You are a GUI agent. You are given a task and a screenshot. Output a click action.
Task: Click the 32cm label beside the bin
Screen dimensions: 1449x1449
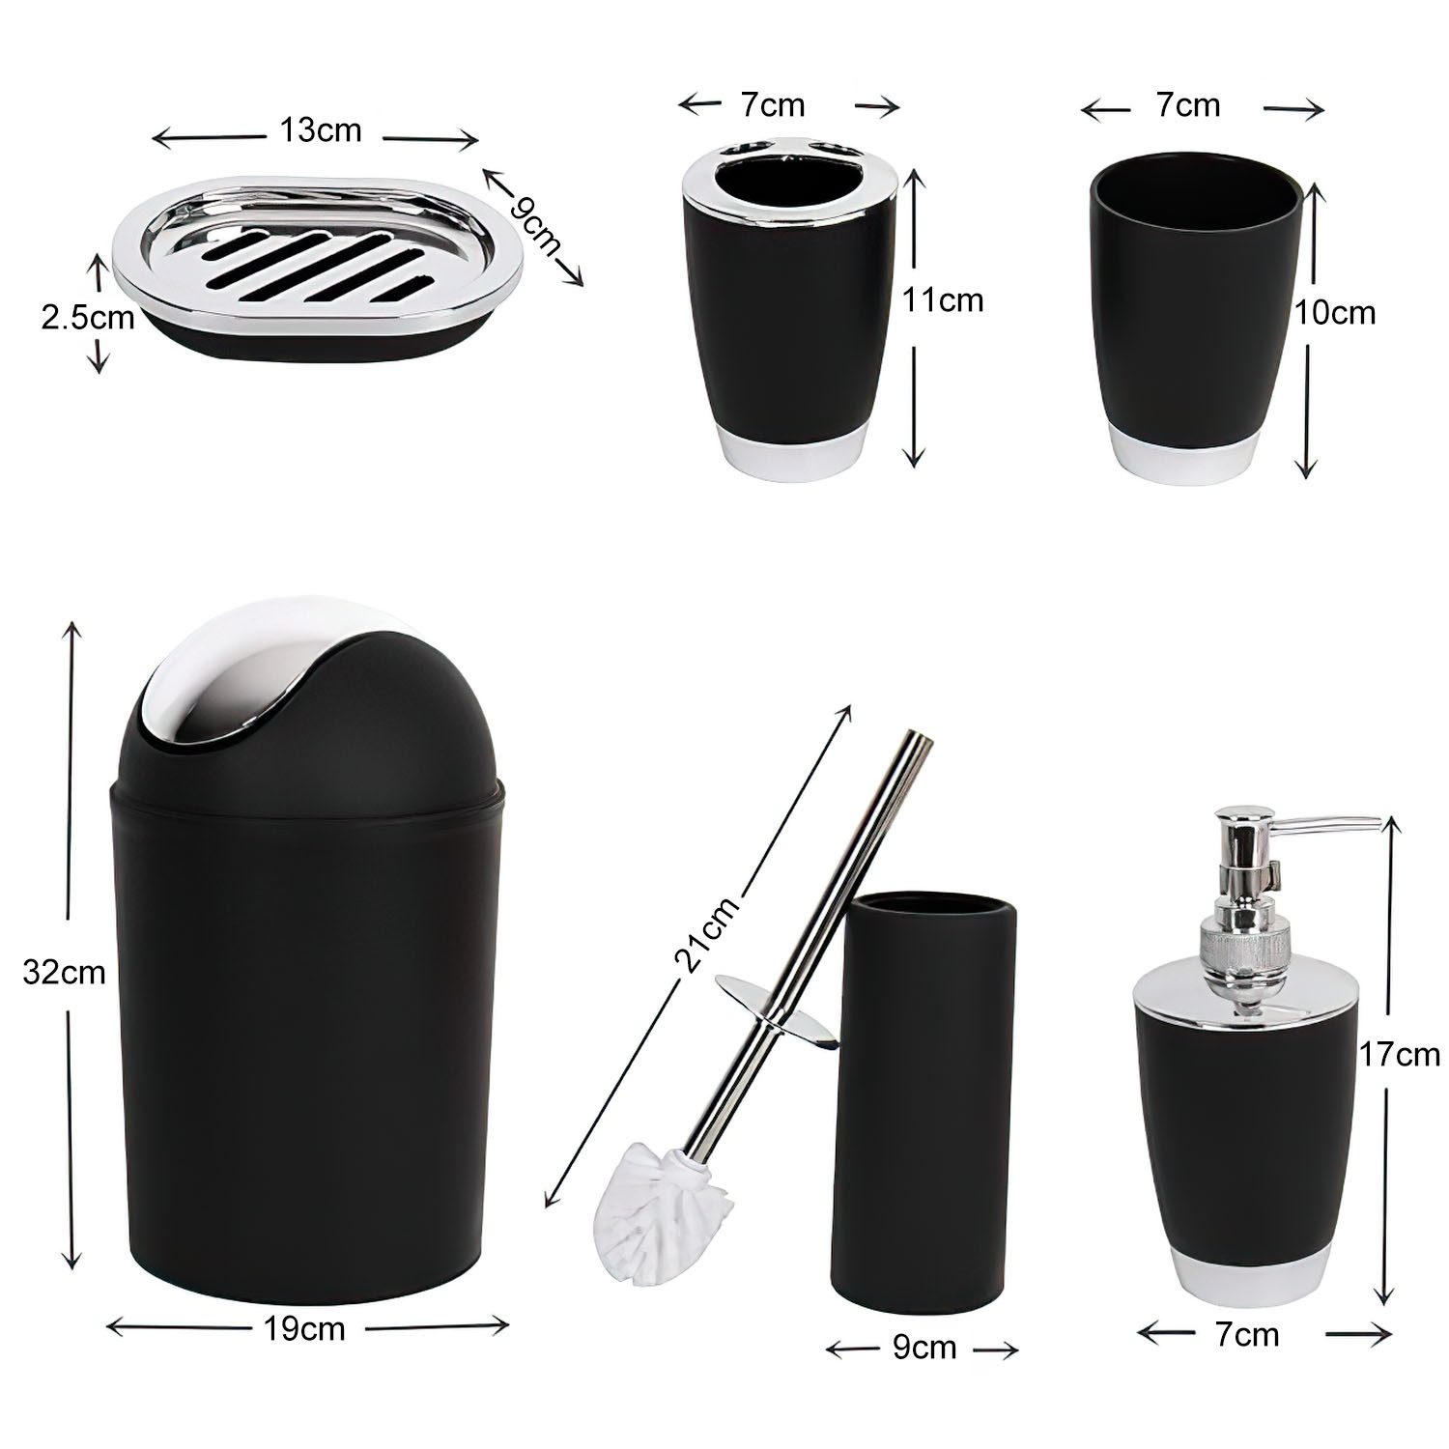click(x=64, y=972)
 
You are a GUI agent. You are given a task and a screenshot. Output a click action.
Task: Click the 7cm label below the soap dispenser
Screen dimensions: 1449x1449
click(x=1246, y=1335)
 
